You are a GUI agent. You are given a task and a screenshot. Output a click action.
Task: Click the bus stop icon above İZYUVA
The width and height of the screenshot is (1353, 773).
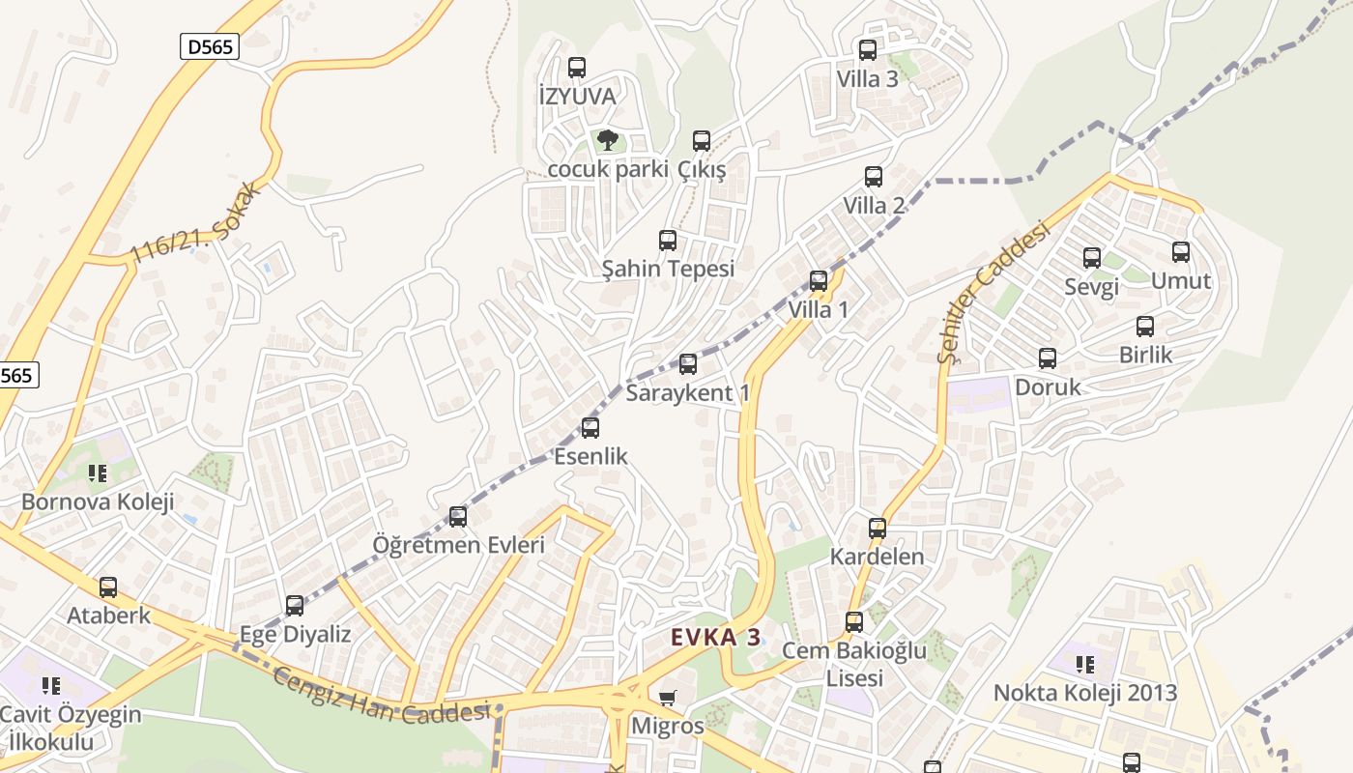pyautogui.click(x=577, y=67)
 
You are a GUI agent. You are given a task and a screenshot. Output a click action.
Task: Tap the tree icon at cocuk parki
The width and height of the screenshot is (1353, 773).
pyautogui.click(x=607, y=141)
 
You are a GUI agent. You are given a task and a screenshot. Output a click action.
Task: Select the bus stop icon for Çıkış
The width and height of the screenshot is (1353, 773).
pyautogui.click(x=702, y=141)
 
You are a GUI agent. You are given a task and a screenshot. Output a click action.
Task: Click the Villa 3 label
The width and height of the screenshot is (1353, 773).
pyautogui.click(x=867, y=79)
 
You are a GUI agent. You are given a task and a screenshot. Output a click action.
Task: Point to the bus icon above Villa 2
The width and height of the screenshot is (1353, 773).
pyautogui.click(x=874, y=177)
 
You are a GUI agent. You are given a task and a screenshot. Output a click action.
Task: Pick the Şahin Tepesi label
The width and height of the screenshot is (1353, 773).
pyautogui.click(x=668, y=269)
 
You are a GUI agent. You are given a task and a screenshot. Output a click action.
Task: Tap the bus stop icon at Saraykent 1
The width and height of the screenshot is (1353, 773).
pyautogui.click(x=688, y=364)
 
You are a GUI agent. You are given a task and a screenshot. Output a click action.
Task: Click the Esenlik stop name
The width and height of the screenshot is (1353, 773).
pyautogui.click(x=590, y=456)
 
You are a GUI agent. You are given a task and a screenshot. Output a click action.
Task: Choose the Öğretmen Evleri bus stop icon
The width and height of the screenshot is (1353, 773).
pyautogui.click(x=458, y=517)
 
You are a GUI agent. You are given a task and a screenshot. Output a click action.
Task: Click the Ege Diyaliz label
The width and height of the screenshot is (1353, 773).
pyautogui.click(x=295, y=635)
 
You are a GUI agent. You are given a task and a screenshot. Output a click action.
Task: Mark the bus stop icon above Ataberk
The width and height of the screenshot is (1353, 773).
pyautogui.click(x=108, y=587)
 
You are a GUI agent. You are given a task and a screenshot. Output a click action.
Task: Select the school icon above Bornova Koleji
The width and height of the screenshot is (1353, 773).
pyautogui.click(x=98, y=473)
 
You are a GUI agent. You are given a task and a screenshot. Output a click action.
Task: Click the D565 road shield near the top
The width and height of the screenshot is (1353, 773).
pyautogui.click(x=209, y=45)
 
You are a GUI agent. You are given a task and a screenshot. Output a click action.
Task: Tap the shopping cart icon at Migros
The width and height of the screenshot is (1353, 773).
pyautogui.click(x=667, y=698)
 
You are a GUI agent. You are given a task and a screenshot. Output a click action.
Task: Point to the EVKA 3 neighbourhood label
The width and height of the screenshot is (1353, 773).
pyautogui.click(x=716, y=638)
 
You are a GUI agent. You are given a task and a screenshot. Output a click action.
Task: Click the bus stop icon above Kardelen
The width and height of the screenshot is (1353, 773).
pyautogui.click(x=878, y=529)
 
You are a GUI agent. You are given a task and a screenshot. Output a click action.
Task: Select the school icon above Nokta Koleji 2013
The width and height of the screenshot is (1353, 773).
pyautogui.click(x=1085, y=665)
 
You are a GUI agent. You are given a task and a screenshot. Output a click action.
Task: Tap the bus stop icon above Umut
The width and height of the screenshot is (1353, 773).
pyautogui.click(x=1181, y=252)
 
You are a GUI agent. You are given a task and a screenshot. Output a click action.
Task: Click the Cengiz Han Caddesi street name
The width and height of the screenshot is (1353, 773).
pyautogui.click(x=381, y=695)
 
